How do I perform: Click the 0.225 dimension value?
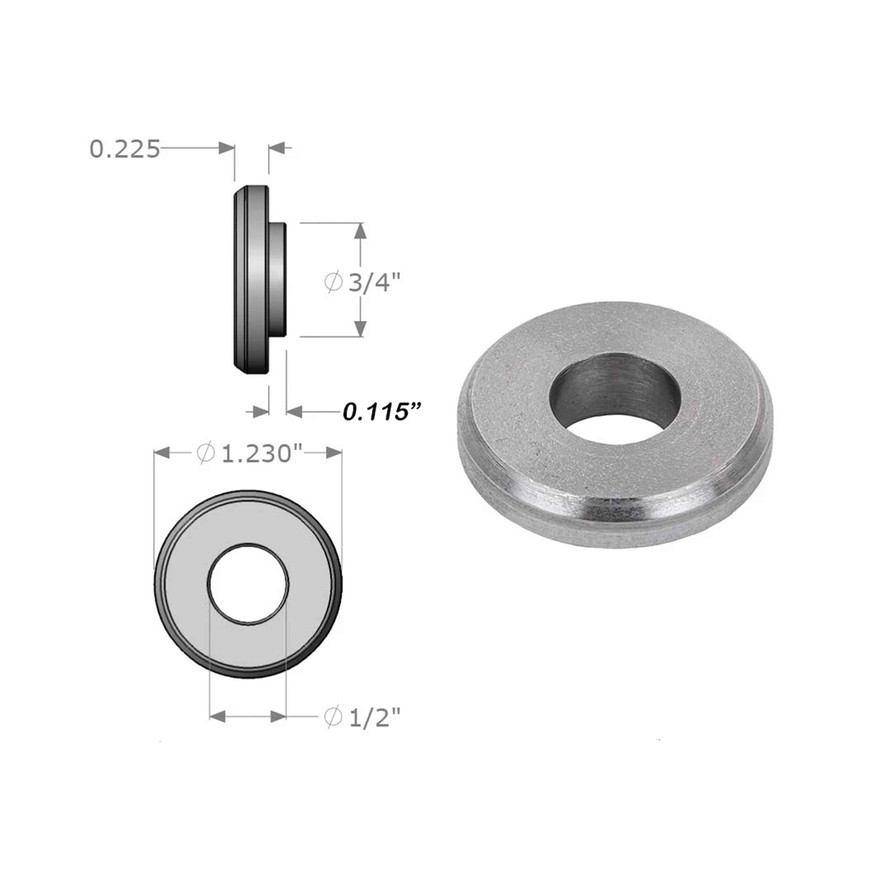click(x=124, y=149)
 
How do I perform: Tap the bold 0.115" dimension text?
click(x=381, y=412)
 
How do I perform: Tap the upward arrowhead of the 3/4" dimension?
click(x=360, y=230)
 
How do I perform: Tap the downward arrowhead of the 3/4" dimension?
click(x=360, y=329)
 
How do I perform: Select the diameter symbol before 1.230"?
click(x=205, y=453)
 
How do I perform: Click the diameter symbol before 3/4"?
click(x=334, y=283)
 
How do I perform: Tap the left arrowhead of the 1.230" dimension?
click(x=162, y=453)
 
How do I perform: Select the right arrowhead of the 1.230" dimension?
click(x=334, y=453)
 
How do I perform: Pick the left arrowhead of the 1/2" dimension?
click(x=217, y=716)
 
